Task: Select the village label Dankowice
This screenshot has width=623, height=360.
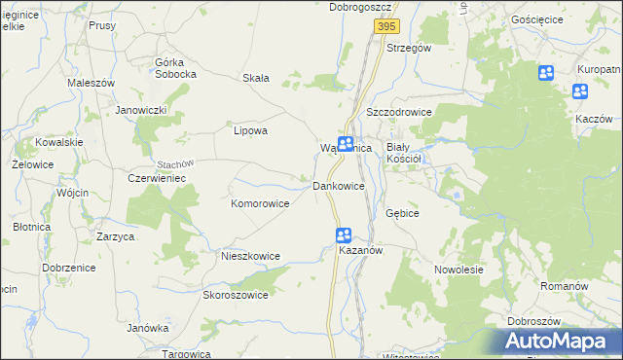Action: coord(338,185)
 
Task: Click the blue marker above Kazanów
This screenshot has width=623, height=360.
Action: coord(344,234)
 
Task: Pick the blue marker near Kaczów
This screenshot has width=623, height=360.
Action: coord(580,92)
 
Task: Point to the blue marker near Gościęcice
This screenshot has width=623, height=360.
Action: coord(545,73)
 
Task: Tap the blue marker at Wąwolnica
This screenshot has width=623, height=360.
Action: coord(346,144)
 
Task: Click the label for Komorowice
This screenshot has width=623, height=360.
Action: coord(260,204)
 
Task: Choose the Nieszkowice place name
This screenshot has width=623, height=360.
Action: coord(250,257)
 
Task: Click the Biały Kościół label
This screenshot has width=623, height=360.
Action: coord(403,151)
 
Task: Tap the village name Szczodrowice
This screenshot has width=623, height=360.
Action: coord(398,112)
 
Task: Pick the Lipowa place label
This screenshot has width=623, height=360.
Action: coord(250,129)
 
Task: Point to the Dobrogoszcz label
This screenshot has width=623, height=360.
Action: coord(359,7)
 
